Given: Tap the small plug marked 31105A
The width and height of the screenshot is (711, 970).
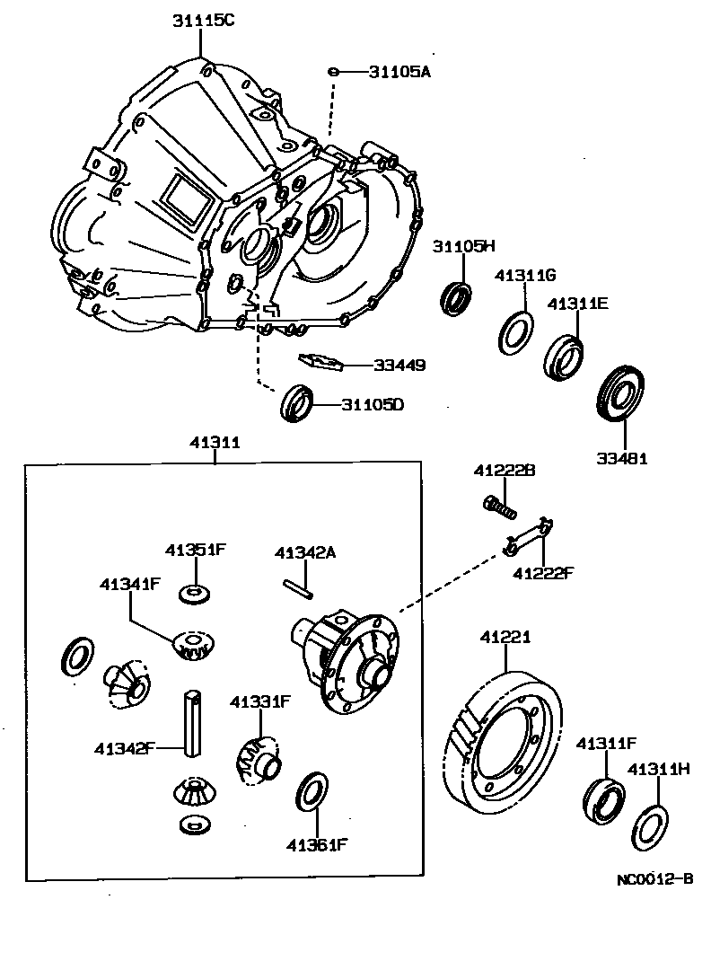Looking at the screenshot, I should tap(333, 72).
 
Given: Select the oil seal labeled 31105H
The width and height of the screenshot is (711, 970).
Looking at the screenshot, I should tap(457, 297).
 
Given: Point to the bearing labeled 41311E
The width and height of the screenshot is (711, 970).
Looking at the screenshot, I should tap(564, 357).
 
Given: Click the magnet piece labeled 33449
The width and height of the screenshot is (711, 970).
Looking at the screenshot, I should tap(321, 362).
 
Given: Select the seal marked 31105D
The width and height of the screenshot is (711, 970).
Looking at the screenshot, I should tap(298, 401).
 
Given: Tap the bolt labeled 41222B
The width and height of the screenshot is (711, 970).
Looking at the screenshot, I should tap(499, 507).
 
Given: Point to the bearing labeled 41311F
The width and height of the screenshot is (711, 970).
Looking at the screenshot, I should tap(601, 798).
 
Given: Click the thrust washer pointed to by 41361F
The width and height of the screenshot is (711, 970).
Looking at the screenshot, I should tap(311, 791).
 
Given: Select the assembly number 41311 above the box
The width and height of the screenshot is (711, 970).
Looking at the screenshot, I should tap(215, 443).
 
